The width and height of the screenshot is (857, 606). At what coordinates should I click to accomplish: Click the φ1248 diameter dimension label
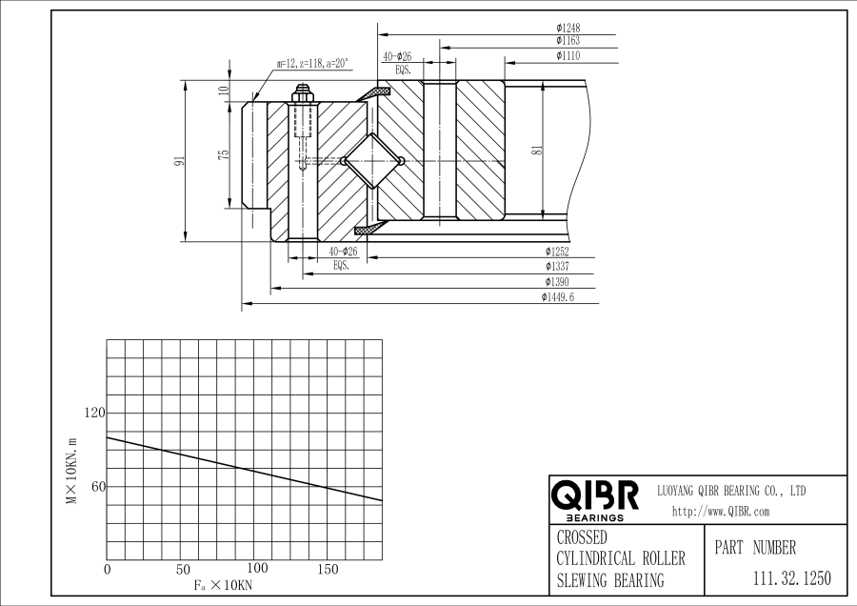[x=568, y=28]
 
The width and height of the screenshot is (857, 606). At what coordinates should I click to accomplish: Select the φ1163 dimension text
[x=568, y=41]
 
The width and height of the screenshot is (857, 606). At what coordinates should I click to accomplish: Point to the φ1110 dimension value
[x=568, y=56]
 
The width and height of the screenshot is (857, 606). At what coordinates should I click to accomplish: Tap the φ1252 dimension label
[x=557, y=252]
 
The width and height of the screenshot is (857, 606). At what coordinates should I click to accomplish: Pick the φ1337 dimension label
[x=557, y=267]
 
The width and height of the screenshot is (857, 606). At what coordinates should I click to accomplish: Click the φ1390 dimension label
[x=557, y=282]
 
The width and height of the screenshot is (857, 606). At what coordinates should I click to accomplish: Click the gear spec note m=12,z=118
[x=312, y=64]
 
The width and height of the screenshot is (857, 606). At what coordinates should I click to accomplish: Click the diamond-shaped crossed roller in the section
[x=371, y=160]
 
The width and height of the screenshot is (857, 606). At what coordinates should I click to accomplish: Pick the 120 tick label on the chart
[x=94, y=413]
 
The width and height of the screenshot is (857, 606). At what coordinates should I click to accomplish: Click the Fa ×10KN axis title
[x=221, y=583]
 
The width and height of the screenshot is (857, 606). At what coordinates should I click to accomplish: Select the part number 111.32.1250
[x=791, y=578]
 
